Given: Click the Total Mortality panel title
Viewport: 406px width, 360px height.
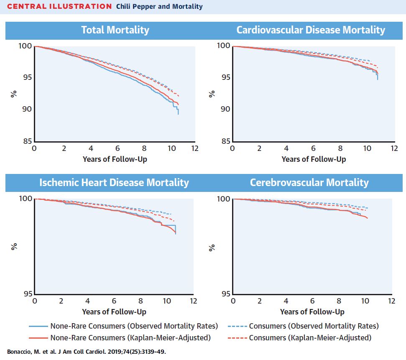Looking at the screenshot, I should [115, 30].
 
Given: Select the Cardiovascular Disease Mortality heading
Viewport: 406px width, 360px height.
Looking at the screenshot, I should [310, 30].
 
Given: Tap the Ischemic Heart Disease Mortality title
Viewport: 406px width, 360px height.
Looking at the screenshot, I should [114, 183].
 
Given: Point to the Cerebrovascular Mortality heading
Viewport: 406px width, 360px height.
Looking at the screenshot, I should [309, 183].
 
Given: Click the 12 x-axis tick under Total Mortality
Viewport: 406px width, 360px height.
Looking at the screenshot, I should [194, 149].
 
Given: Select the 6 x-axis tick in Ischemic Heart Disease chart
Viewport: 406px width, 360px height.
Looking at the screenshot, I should [114, 301].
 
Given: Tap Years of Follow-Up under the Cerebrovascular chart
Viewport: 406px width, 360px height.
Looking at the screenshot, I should [312, 312].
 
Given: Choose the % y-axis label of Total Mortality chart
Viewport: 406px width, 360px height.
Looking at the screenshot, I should [13, 94].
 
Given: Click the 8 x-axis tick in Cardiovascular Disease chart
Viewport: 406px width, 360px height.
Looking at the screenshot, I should [340, 149].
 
